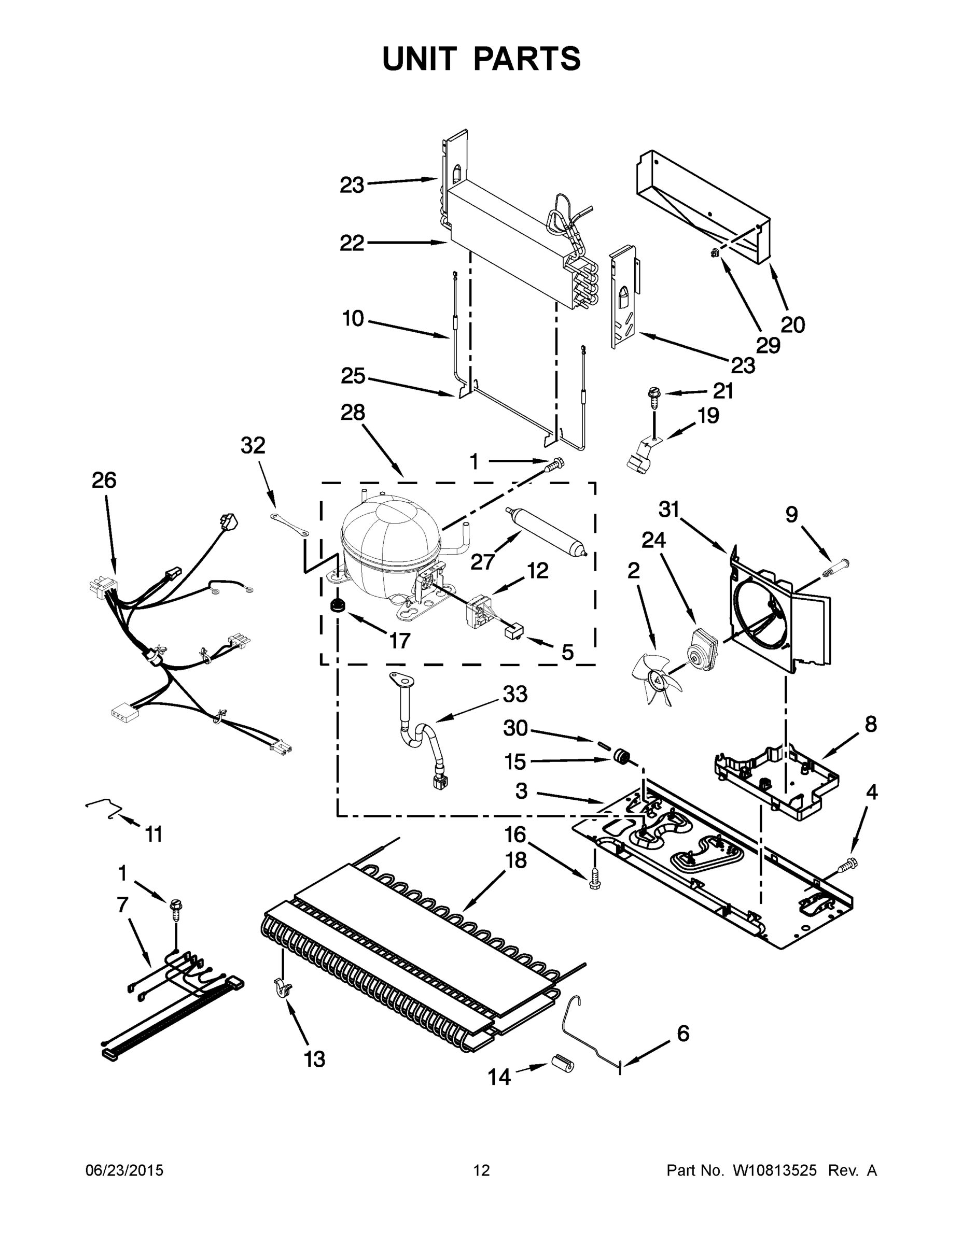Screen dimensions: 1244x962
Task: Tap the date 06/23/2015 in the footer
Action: click(124, 1170)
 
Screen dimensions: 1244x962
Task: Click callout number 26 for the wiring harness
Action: click(104, 480)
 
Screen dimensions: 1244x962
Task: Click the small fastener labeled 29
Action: click(714, 254)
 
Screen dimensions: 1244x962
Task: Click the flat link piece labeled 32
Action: click(289, 524)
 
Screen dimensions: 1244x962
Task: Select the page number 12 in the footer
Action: click(481, 1170)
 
